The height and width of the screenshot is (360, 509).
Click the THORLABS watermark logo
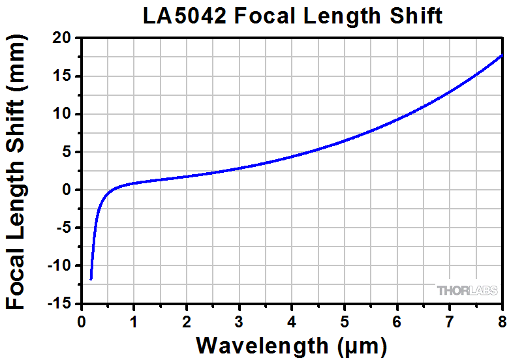coord(467,290)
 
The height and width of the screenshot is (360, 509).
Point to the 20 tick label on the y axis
coord(63,38)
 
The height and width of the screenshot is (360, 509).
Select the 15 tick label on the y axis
coord(63,76)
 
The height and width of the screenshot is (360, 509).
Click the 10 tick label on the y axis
coord(63,114)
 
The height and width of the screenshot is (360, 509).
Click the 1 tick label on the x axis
coord(134,321)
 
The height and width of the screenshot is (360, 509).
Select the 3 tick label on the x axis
coord(239,321)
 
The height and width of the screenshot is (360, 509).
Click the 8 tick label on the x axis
coord(501,321)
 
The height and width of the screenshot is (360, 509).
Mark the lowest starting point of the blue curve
coord(91,279)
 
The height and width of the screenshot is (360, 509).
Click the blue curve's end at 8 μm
coord(502,55)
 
